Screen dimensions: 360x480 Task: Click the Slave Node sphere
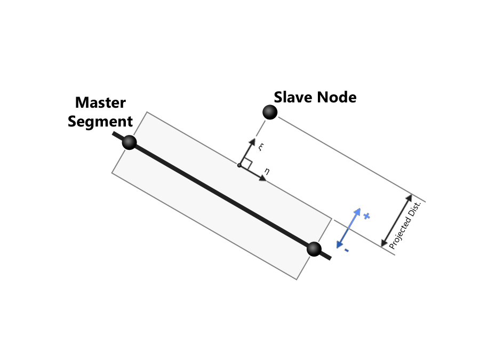point(270,112)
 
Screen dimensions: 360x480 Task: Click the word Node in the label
point(337,97)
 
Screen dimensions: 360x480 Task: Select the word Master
point(100,102)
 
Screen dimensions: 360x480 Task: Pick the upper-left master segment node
point(130,142)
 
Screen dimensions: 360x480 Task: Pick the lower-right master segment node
point(314,249)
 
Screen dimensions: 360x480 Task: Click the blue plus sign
point(366,216)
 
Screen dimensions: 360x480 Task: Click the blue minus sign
point(347,250)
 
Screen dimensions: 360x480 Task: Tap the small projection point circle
point(239,166)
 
